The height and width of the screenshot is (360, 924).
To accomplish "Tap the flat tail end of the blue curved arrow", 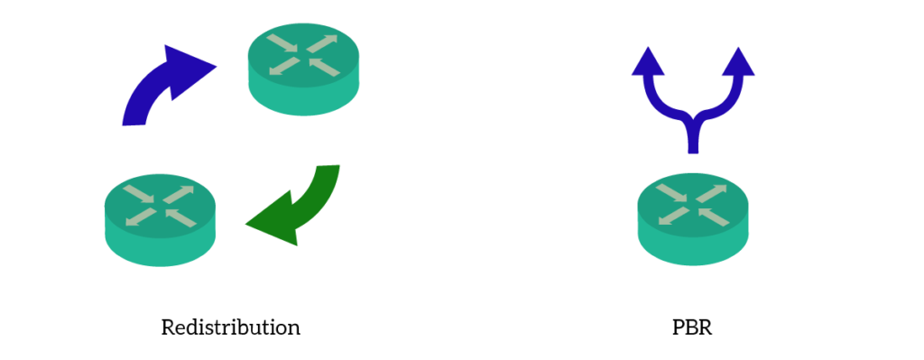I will (x=134, y=119).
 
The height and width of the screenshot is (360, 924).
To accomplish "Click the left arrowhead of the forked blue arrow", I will (x=648, y=62).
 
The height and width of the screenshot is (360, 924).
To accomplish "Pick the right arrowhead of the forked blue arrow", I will (x=738, y=62).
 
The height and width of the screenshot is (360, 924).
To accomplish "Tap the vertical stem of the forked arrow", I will (x=693, y=140).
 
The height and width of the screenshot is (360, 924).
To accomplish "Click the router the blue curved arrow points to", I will (x=304, y=69).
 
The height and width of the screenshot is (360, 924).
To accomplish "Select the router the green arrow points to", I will (x=161, y=219).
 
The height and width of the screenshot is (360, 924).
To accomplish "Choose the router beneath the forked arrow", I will (x=693, y=219).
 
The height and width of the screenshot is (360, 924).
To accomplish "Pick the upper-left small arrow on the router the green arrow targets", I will (x=141, y=193).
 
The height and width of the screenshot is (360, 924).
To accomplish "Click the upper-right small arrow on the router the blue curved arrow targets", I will (x=324, y=42).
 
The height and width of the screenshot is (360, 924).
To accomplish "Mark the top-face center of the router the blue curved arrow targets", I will (x=304, y=54).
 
